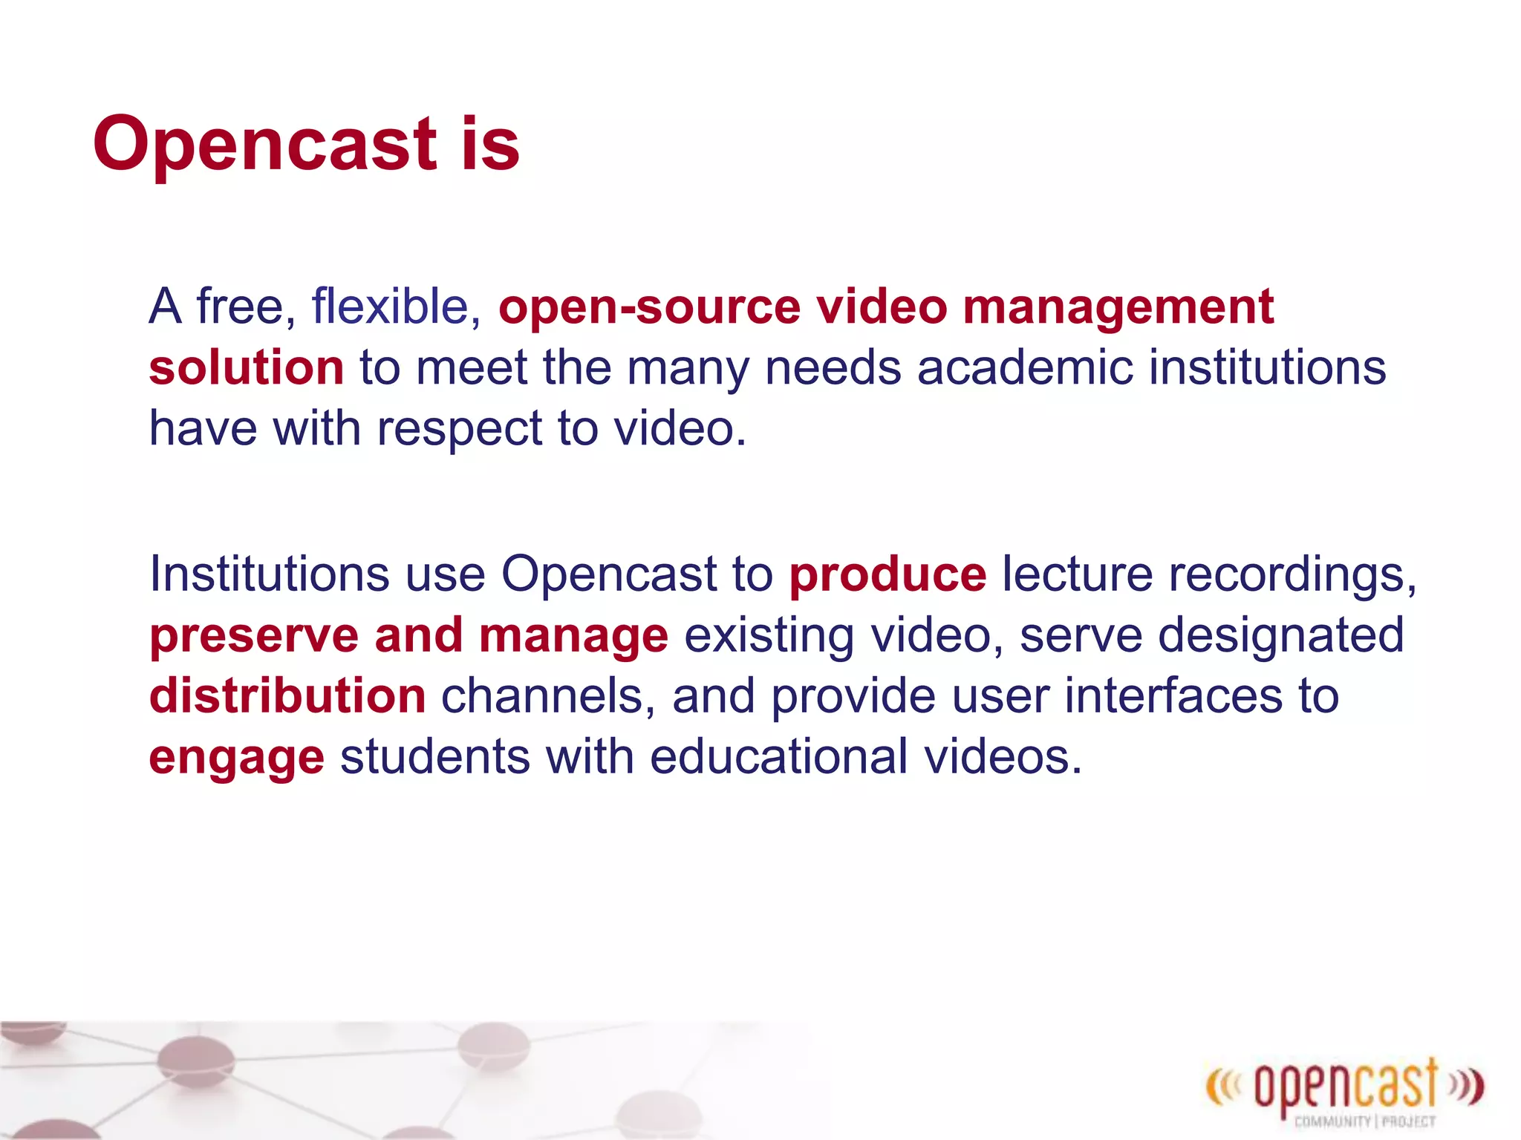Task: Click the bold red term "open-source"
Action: tap(649, 307)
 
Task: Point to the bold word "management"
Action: tap(1118, 307)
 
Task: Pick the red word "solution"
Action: tap(246, 368)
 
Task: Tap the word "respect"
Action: tap(460, 429)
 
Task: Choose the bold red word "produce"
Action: tap(887, 574)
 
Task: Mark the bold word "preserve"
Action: tap(254, 637)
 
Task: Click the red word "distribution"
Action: tap(287, 696)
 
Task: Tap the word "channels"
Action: tap(548, 696)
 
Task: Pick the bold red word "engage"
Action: tap(236, 759)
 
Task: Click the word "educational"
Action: tap(778, 757)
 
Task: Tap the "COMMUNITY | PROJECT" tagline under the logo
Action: tap(1365, 1121)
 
